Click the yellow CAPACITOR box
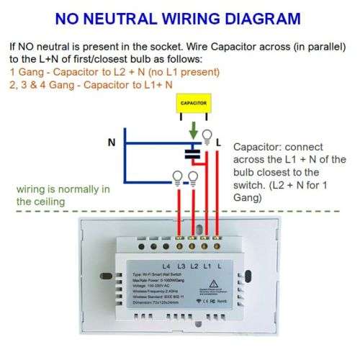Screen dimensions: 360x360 click(193, 103)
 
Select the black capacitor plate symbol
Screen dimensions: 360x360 click(193, 153)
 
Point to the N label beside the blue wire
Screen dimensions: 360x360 click(112, 143)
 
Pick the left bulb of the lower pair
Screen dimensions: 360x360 click(176, 176)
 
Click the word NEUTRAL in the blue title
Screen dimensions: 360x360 click(137, 18)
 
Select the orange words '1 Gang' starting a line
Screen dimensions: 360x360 click(26, 72)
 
